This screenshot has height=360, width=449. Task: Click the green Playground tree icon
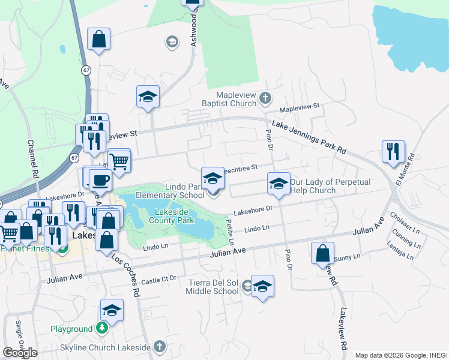(x=103, y=328)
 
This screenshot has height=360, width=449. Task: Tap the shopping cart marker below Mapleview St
(x=119, y=160)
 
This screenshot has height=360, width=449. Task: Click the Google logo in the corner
(x=19, y=353)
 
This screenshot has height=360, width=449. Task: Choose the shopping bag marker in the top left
(x=98, y=39)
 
